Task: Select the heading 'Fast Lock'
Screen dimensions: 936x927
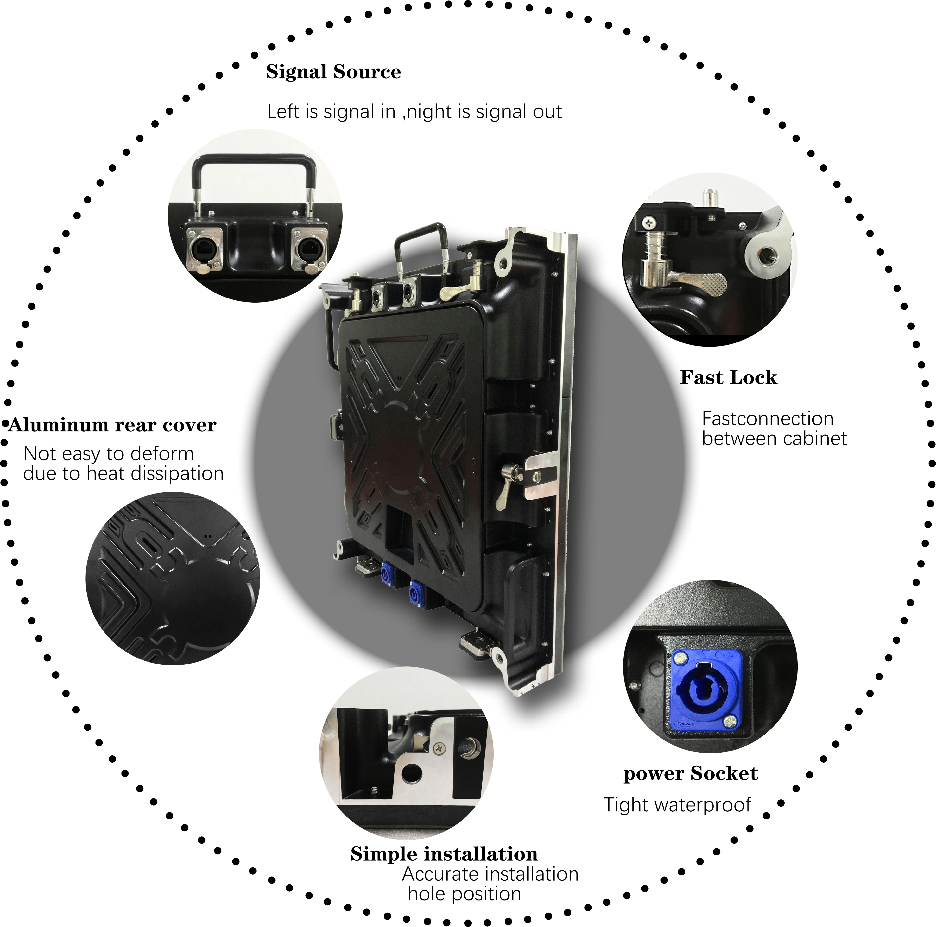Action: [728, 378]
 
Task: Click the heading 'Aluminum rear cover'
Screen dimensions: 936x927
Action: [112, 425]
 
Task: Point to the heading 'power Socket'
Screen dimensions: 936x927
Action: [690, 774]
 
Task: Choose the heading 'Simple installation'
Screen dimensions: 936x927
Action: [444, 854]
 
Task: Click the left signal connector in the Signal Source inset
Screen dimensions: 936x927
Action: [206, 248]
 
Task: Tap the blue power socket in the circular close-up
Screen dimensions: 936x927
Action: [705, 691]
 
